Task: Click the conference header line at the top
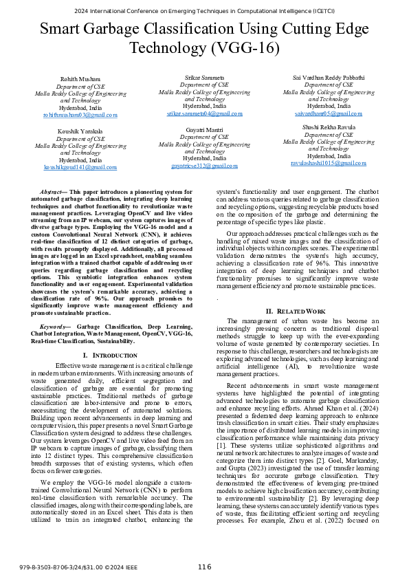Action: coord(204,12)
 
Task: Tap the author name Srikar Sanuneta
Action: coord(204,77)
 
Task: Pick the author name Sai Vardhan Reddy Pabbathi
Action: coord(328,78)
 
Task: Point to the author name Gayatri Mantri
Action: coord(204,129)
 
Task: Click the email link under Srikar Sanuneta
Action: coord(204,114)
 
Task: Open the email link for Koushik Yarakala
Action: coord(80,167)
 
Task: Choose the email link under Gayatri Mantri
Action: coord(204,166)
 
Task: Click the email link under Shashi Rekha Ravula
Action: coord(328,164)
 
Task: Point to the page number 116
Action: coord(204,567)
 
